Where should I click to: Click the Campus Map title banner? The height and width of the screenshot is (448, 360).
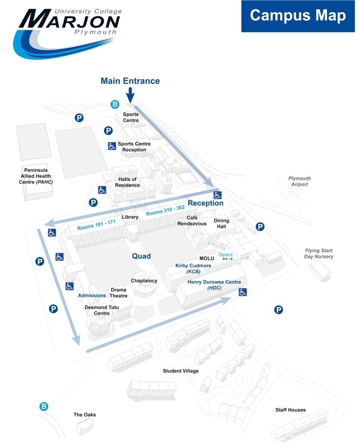(x=298, y=16)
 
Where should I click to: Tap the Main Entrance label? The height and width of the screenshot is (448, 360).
(x=130, y=81)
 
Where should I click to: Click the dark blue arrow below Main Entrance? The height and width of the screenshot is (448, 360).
(x=130, y=95)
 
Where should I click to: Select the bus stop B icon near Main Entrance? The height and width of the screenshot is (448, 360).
(x=115, y=104)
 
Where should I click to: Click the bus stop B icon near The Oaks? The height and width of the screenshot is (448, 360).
(x=44, y=406)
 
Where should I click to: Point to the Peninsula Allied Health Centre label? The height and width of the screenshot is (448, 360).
(x=36, y=176)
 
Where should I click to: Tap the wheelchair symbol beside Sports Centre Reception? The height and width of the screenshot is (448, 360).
(x=111, y=146)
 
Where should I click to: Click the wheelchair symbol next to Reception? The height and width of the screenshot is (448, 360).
(x=218, y=195)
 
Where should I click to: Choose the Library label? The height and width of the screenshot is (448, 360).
(x=130, y=217)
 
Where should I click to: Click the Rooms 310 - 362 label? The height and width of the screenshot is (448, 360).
(x=165, y=211)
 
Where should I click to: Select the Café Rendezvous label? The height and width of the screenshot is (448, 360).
(x=192, y=221)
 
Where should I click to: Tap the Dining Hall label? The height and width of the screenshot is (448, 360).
(x=222, y=224)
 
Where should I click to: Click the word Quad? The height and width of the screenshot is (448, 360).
(x=141, y=256)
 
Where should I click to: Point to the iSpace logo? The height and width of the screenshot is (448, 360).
(x=226, y=256)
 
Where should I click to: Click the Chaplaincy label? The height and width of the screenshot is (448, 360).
(x=144, y=280)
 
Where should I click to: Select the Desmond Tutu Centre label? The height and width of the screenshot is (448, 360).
(x=102, y=310)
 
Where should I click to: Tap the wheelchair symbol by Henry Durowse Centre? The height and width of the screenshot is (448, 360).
(x=243, y=292)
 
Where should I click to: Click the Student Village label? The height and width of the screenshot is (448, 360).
(x=181, y=371)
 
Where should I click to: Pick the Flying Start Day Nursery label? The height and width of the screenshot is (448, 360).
(x=319, y=253)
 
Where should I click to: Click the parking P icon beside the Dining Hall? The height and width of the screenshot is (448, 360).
(x=260, y=227)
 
